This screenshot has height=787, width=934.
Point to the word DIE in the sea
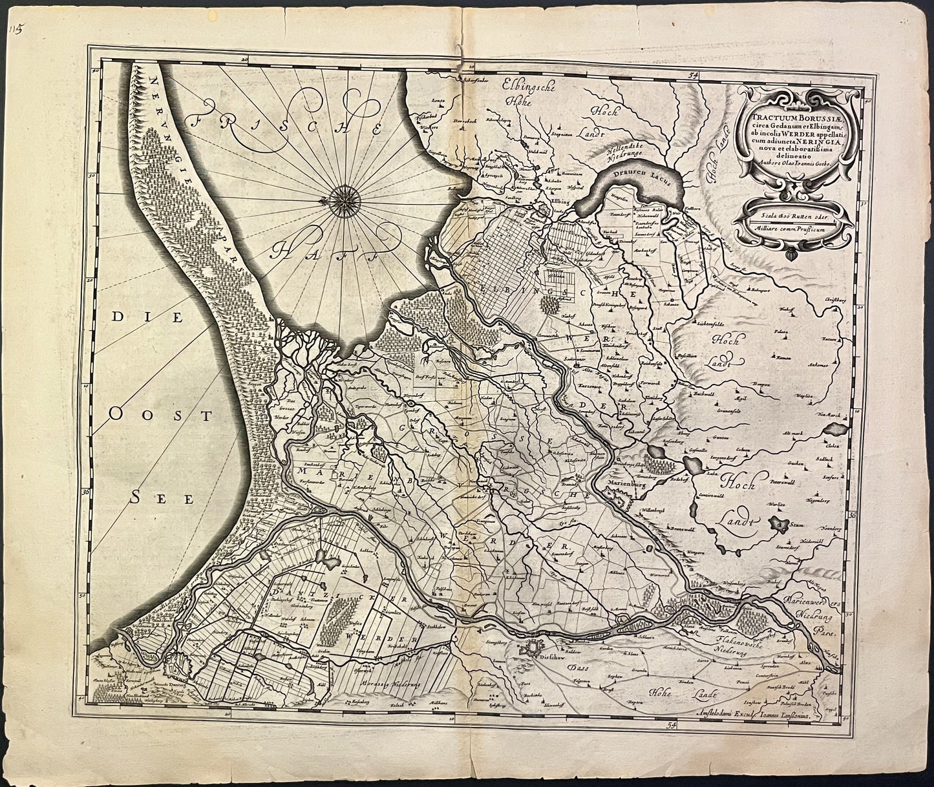136,317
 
